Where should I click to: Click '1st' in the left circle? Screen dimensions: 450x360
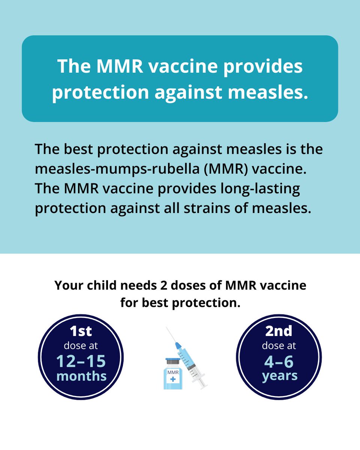click(x=81, y=331)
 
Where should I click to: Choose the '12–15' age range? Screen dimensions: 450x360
click(x=81, y=361)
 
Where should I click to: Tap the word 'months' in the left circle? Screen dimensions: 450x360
click(x=81, y=376)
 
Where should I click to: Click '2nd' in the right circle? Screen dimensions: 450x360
click(x=279, y=331)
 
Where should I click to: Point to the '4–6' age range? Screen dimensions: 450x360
click(x=279, y=361)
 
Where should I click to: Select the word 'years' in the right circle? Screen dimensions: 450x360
click(x=279, y=376)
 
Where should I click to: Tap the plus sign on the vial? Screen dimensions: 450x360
click(x=172, y=380)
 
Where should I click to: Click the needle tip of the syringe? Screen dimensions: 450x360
click(x=167, y=328)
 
